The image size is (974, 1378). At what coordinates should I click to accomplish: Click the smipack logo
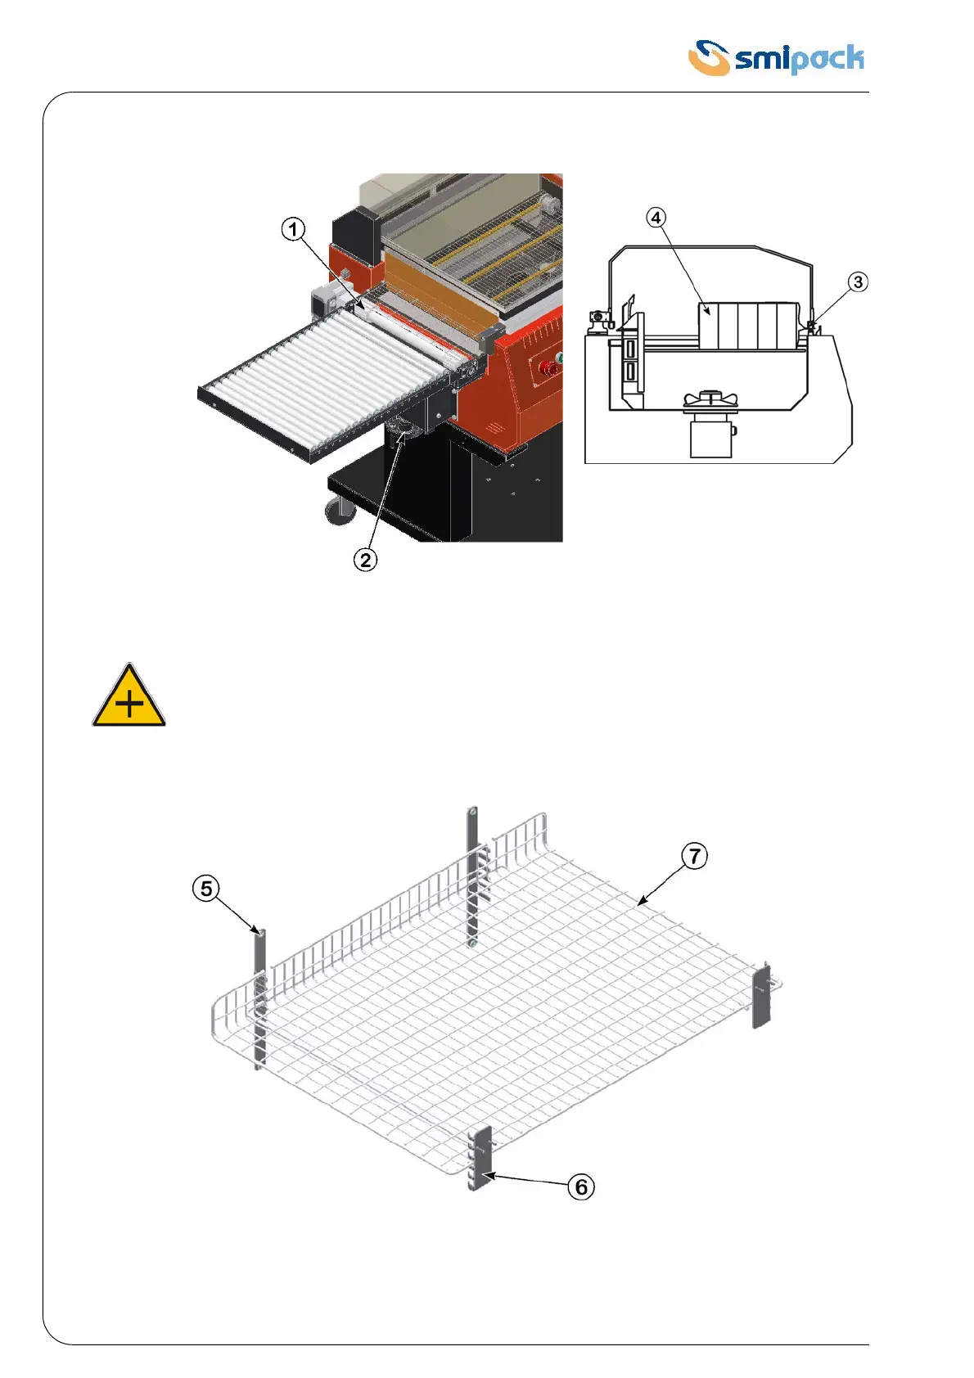tap(775, 58)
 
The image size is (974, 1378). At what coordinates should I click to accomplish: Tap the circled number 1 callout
tap(293, 229)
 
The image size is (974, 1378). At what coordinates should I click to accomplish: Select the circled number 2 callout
tap(365, 560)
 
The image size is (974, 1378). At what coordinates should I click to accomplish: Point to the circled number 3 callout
tap(857, 282)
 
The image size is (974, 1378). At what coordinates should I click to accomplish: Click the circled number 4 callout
tap(656, 218)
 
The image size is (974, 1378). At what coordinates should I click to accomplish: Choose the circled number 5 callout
tap(206, 888)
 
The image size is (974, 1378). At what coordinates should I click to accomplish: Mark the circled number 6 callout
tap(581, 1187)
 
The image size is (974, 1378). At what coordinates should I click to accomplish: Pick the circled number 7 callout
tap(694, 856)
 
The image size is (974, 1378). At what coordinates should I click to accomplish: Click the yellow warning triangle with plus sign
tap(129, 697)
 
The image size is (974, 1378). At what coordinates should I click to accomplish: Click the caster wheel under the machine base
tap(340, 510)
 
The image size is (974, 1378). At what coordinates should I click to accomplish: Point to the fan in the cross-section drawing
tap(711, 399)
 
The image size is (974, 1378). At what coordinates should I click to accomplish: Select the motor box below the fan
tap(710, 435)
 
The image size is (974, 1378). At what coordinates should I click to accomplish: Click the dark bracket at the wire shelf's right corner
tap(761, 996)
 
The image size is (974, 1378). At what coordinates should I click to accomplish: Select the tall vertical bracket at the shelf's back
tap(472, 876)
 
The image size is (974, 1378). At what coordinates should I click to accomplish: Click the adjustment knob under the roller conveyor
tap(403, 428)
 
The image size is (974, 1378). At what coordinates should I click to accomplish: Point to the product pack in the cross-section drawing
tap(747, 326)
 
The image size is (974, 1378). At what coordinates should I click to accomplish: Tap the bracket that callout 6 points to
tap(480, 1157)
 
